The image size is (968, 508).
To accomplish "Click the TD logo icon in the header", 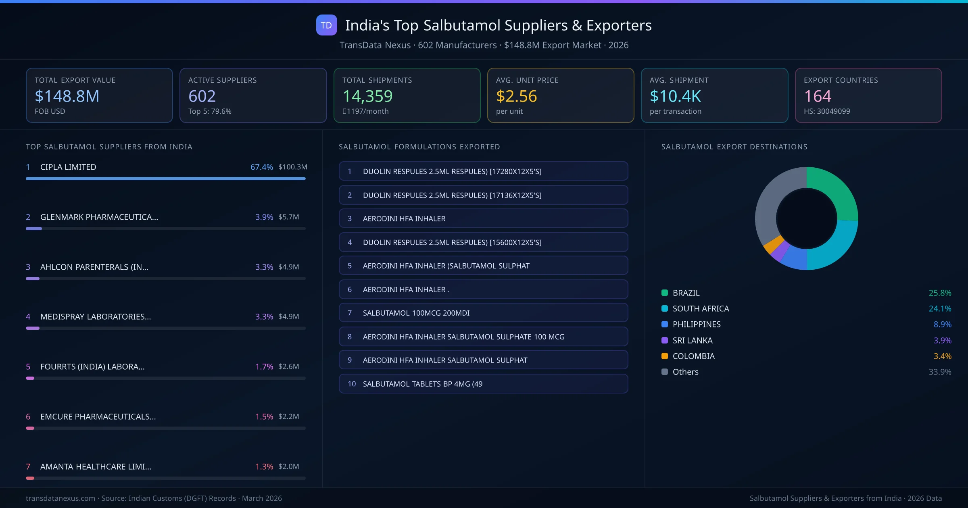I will point(326,25).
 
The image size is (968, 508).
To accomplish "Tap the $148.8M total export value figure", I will point(67,96).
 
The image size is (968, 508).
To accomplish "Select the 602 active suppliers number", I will point(202,96).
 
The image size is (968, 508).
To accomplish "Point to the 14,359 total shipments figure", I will point(367,96).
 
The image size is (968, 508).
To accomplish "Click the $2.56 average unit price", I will point(516,96).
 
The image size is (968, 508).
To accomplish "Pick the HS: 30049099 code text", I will point(826,111).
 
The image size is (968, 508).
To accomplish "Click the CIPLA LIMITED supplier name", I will point(68,167).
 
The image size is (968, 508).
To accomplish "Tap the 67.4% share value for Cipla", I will point(261,167).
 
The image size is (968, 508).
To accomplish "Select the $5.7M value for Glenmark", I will point(288,217).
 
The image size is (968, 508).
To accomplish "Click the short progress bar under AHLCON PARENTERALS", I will point(33,279).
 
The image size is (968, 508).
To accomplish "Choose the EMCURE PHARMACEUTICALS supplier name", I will point(98,416).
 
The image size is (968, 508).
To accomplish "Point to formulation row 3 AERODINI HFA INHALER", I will point(483,219).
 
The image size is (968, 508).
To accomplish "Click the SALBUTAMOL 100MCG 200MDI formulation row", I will point(483,313).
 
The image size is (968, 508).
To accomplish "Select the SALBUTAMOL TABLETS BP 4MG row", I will point(483,384).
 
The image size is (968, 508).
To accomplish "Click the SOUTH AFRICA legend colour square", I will point(665,309).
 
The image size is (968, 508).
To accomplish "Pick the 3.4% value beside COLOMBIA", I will point(942,356).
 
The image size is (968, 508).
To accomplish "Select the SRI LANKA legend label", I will point(692,340).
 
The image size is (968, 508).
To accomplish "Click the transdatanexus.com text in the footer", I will point(60,498).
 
